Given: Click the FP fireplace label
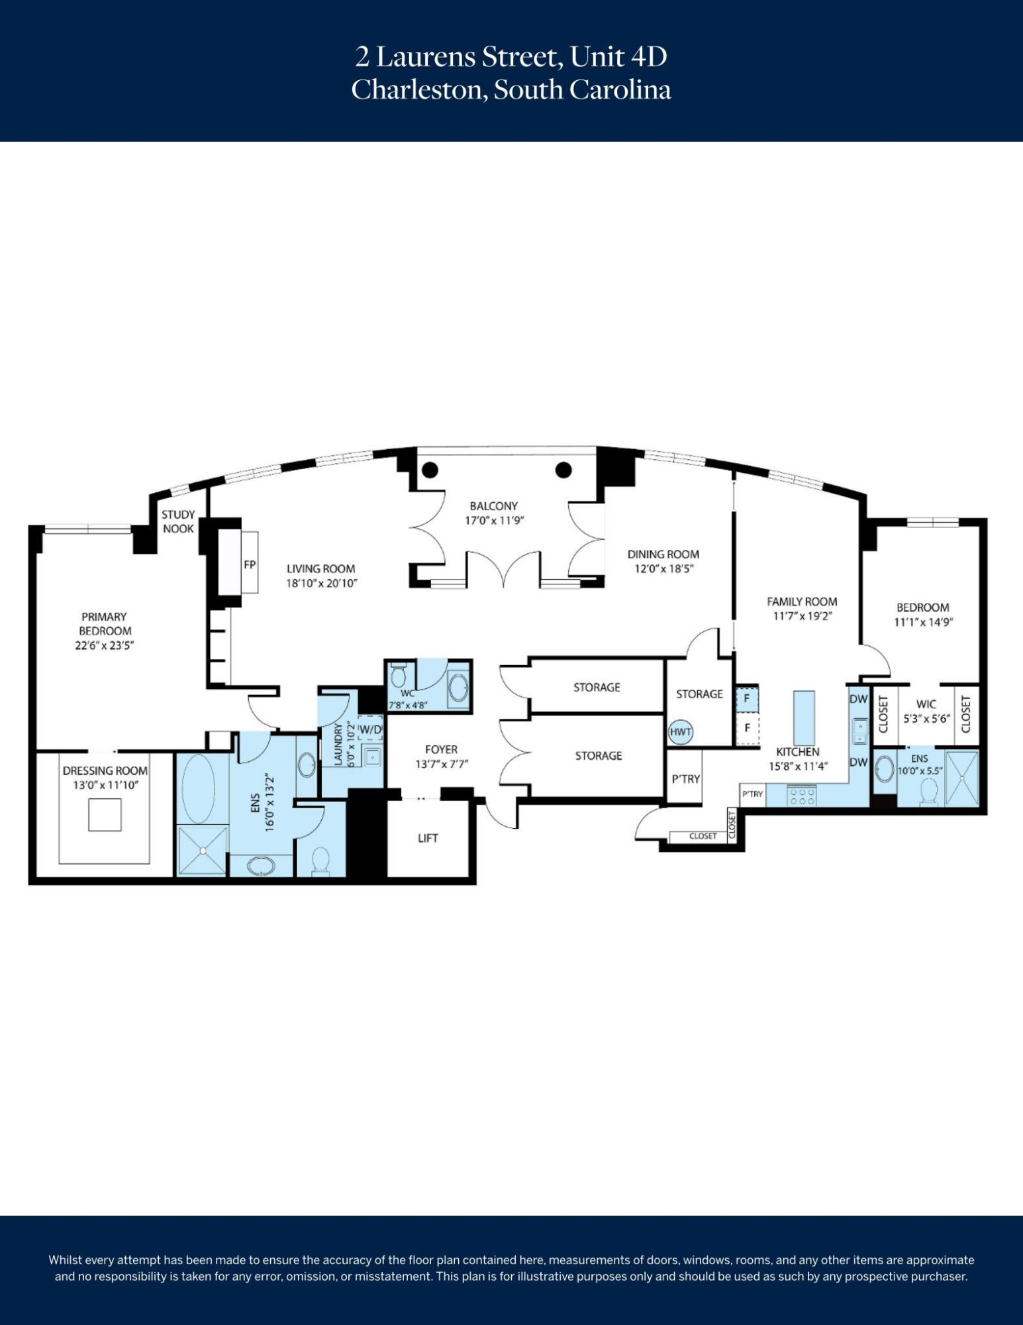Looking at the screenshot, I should pos(250,565).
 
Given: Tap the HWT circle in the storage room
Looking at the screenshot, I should pos(681,732).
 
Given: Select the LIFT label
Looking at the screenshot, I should pos(428,838).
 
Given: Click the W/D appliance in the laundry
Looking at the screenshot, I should pos(370,729).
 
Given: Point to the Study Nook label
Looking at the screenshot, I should pos(178,521).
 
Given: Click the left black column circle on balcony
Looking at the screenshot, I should pos(430,470).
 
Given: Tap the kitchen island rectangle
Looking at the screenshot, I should pos(804,718).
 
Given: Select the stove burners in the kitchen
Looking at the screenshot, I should pos(802,796).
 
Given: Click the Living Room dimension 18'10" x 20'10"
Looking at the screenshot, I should pos(322,584).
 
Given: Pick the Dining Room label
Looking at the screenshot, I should pos(663,554).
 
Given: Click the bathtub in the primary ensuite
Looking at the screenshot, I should pos(198,788).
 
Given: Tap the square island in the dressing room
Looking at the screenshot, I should pos(105,815).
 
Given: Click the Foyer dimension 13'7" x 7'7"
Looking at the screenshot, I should pos(442,764).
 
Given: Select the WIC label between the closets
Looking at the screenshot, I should pos(926,704).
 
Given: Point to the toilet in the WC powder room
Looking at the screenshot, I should pos(399,676).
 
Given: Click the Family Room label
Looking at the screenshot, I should pos(802,602).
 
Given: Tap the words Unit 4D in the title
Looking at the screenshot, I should pos(618,57).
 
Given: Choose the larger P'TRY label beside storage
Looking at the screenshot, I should pos(685,779).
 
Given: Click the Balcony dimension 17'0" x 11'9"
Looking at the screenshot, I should pos(494,521).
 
